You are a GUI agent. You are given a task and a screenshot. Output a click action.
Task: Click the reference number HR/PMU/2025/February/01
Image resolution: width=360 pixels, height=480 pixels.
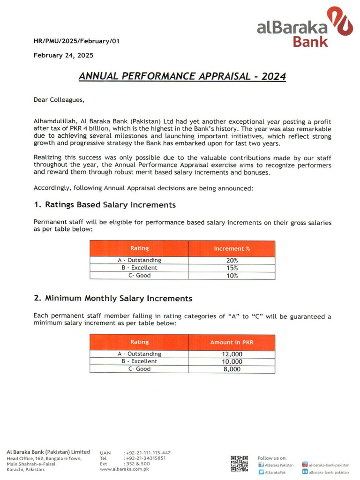coord(76,41)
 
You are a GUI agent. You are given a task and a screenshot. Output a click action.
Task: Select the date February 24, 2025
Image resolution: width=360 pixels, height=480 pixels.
coord(63,55)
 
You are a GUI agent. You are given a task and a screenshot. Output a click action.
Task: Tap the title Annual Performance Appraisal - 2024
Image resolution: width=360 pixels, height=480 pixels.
coord(182,76)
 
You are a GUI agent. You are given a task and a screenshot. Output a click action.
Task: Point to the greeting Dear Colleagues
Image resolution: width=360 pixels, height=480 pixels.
coord(59,99)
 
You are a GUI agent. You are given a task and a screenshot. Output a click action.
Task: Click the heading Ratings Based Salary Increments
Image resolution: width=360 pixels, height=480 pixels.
coord(105,205)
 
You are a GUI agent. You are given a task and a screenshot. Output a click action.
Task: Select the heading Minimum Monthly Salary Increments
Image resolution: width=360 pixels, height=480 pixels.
coord(113,298)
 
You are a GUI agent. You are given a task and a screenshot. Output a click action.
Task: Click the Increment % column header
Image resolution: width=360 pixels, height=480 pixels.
coord(232,248)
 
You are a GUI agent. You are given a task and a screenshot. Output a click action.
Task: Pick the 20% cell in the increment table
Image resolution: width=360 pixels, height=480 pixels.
coord(232,260)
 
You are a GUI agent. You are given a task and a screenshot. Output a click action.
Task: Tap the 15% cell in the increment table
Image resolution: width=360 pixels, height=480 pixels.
coord(232,268)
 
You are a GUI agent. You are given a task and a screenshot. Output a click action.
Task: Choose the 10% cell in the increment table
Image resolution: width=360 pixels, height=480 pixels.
coord(232,276)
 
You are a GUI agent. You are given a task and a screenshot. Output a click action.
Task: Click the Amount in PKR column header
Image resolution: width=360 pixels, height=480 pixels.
coord(232,342)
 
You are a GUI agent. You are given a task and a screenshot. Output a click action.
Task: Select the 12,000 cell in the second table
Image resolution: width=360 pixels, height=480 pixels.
coord(232,354)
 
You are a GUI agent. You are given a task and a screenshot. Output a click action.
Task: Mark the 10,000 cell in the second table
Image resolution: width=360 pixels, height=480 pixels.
coord(232,361)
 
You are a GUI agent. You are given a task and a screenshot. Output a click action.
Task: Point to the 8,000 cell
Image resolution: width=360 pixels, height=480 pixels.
coord(232,369)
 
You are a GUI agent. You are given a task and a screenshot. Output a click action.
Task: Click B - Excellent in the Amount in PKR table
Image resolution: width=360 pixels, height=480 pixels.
coord(139,361)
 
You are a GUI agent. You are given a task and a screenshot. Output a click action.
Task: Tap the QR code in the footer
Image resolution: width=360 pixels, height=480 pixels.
coord(239,463)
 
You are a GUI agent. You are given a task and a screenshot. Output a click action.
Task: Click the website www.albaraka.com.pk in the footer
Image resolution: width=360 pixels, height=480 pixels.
coord(124,469)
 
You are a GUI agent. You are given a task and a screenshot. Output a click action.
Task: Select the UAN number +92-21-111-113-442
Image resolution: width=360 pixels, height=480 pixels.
coord(148,453)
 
